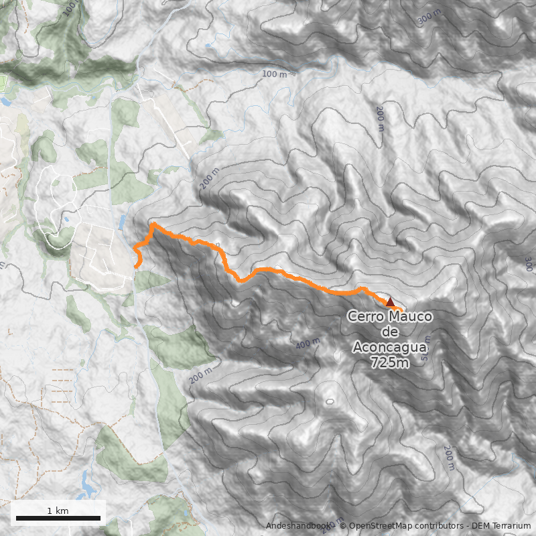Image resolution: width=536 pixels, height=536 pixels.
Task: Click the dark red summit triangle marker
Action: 390,302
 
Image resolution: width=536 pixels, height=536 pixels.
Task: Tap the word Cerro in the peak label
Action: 366,317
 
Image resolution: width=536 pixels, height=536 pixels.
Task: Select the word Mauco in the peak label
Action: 410,317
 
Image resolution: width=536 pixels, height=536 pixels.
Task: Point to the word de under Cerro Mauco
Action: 390,332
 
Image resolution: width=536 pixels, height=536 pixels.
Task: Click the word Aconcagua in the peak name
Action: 390,348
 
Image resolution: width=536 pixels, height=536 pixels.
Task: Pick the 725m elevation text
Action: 390,363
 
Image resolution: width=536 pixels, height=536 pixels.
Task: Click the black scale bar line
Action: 58,518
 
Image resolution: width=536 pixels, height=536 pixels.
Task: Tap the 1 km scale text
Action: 58,511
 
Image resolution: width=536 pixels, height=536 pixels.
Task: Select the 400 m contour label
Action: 308,344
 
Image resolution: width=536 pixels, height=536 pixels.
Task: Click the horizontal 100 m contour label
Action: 274,74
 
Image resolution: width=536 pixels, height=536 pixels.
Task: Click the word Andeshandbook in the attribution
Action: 297,526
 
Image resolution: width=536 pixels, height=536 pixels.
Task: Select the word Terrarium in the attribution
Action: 511,526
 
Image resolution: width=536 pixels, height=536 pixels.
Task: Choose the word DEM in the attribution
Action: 482,526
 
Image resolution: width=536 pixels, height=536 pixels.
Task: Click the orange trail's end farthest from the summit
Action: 137,267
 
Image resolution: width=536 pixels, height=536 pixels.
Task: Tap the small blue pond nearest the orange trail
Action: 122,222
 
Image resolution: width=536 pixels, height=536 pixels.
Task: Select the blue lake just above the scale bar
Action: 88,481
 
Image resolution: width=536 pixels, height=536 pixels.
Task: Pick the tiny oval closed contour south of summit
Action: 329,401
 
